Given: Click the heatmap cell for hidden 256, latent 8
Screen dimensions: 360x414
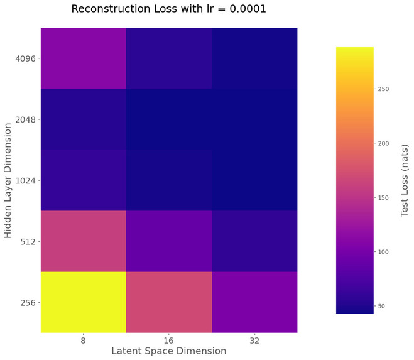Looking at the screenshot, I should [84, 302].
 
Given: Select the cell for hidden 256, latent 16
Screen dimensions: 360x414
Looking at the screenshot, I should [168, 302].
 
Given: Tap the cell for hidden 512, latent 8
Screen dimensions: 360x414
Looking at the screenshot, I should [84, 241].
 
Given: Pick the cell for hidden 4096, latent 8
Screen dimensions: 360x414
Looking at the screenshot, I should [84, 58].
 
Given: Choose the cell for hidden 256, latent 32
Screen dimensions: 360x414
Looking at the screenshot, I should [254, 302].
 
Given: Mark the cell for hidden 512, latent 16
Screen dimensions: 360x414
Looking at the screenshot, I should [168, 241].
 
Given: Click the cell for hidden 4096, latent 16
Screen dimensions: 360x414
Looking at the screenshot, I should [168, 58].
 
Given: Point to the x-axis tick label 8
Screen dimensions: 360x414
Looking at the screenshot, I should [84, 340].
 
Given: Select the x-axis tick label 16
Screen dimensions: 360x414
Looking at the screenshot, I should [168, 340].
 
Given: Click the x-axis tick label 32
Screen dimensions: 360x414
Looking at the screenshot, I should [254, 340].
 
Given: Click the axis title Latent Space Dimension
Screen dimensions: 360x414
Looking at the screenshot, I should [168, 351].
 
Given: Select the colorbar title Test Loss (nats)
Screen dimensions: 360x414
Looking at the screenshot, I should [405, 180].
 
